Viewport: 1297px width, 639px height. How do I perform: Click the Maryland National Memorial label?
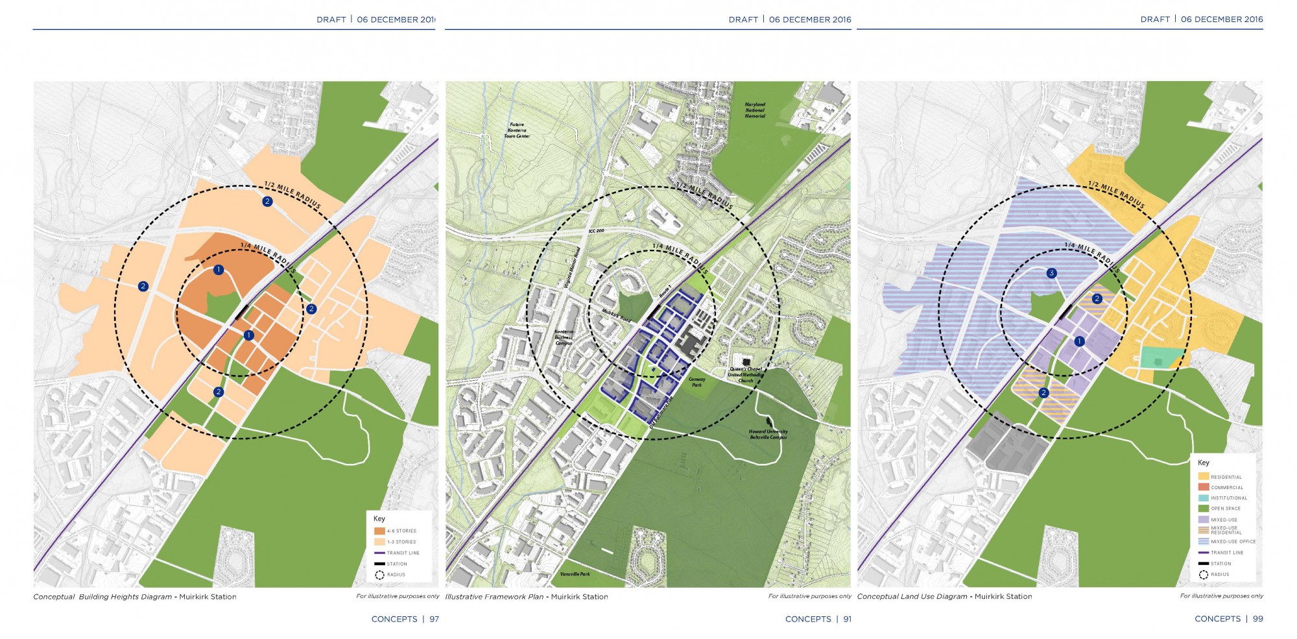755,110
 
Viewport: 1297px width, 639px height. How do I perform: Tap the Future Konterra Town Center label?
517,130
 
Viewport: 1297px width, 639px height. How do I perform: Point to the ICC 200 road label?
596,231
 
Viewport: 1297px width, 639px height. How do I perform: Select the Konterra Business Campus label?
564,337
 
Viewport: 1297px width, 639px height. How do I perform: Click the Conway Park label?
696,382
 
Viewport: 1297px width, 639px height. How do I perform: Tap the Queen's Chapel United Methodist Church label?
745,375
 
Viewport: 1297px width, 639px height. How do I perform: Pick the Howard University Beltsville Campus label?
768,434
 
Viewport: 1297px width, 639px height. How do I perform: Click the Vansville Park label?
575,574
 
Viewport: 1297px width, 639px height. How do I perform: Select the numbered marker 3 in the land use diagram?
1052,273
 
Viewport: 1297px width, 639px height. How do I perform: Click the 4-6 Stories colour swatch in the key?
379,531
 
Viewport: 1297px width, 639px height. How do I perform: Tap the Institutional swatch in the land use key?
1204,498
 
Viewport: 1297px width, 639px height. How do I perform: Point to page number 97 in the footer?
434,619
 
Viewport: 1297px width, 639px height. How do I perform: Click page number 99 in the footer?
1258,619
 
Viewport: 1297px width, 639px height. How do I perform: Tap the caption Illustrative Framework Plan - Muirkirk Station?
527,597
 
